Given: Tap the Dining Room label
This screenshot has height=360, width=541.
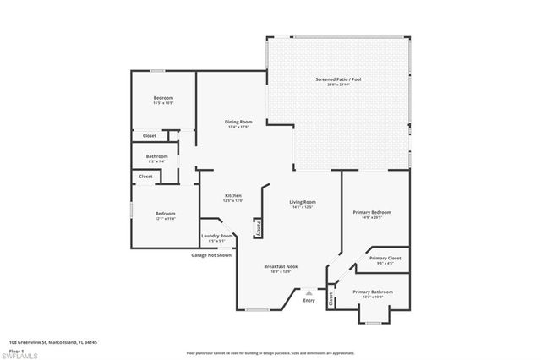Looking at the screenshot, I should coord(238,123).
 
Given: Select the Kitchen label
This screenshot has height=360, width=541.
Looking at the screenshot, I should coord(233,196).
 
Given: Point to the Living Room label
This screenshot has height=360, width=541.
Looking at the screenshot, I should coord(303,202).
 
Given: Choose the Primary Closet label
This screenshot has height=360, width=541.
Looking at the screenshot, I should coord(385,258).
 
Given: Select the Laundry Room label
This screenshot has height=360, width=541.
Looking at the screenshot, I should coord(217,237).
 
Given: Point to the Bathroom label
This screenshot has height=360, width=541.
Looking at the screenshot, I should coord(156,156).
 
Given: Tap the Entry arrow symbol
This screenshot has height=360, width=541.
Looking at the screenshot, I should coord(309,292).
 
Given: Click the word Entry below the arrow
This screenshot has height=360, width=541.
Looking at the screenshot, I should coord(309,301).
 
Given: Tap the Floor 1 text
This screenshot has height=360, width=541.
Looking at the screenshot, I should coord(16,349).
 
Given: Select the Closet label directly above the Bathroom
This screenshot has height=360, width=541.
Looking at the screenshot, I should coord(149,135).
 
